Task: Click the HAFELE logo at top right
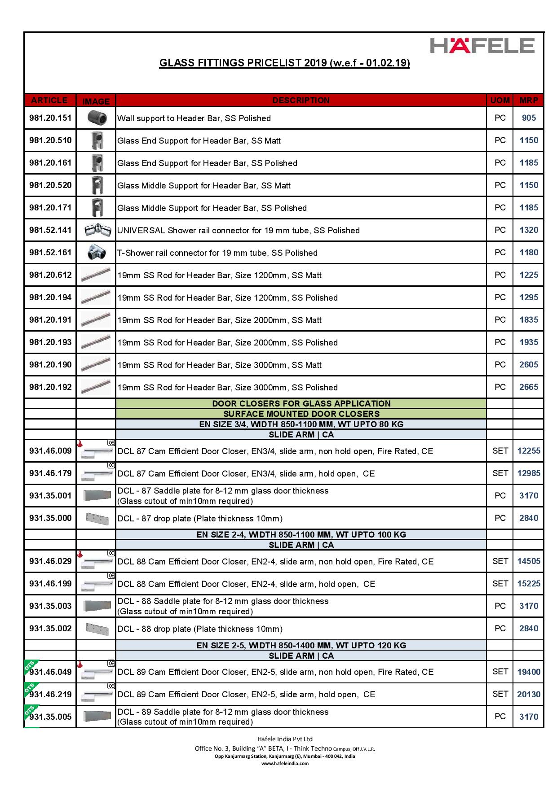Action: pos(482,46)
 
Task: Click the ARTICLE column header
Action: pos(49,101)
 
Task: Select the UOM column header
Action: pos(500,101)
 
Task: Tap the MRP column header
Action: pos(529,101)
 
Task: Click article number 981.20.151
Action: pos(50,118)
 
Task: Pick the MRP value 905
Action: pos(529,118)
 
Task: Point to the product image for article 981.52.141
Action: pos(97,230)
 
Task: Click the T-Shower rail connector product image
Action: pos(97,253)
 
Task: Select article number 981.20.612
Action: pos(50,275)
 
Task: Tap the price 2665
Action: pos(529,387)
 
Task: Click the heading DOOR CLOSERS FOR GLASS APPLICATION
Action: pos(301,403)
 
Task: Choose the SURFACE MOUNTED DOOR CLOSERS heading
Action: pos(301,414)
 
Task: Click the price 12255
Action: pos(529,451)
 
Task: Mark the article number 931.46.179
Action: pos(50,473)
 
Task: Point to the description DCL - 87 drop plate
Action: pos(200,519)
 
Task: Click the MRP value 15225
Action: pos(529,584)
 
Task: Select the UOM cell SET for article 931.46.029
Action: pos(500,561)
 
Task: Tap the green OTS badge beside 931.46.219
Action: pos(30,689)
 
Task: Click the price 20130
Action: pos(529,694)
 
